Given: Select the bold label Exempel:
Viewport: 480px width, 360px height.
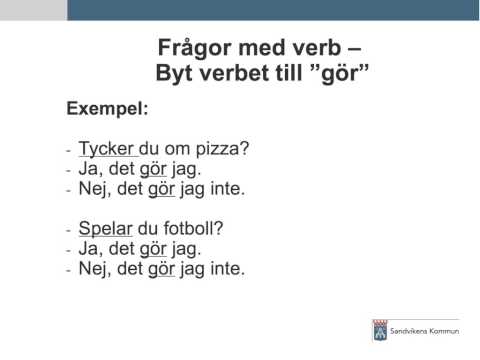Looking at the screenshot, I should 107,107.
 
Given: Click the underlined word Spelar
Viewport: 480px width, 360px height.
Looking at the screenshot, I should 105,228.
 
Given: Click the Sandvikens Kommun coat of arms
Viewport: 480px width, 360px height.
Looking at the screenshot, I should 379,331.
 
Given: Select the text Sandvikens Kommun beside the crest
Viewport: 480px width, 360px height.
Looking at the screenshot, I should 425,331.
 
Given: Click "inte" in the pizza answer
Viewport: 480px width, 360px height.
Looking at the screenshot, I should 226,188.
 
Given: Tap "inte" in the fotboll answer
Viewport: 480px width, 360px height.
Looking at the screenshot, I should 226,268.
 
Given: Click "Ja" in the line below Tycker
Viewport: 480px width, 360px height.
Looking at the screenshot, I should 90,169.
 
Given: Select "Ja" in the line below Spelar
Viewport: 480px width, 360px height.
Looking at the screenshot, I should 90,248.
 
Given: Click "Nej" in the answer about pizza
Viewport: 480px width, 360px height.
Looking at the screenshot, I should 95,188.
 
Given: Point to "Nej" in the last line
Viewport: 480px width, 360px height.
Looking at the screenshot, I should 95,268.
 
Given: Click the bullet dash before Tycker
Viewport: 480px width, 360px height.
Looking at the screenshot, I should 69,150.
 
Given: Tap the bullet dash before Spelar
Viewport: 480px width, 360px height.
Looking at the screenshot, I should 69,230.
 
